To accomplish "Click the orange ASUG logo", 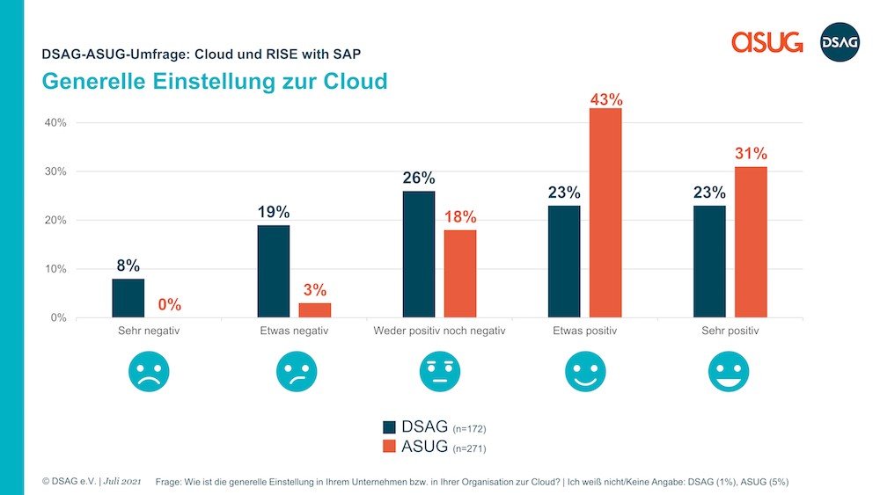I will [766, 41].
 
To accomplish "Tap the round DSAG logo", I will [839, 41].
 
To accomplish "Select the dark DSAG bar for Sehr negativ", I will [128, 298].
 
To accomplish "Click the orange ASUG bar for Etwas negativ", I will [315, 309].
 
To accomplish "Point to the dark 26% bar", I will [418, 254].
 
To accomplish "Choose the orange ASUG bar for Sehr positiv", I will [751, 242].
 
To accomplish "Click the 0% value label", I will [170, 305].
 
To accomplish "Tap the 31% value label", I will [751, 155].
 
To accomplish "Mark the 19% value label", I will [274, 212].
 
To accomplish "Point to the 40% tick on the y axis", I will [55, 123].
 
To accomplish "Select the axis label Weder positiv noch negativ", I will [439, 331].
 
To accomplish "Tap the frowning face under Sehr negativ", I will [149, 372].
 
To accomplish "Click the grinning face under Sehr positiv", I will [730, 372].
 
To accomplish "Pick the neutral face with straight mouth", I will [439, 372].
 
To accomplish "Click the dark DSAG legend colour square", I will [390, 426].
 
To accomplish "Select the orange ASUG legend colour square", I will [390, 448].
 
